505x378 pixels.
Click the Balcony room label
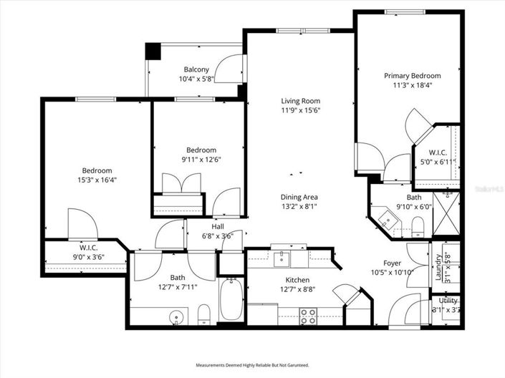pyautogui.click(x=196, y=69)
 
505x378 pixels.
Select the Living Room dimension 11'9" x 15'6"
pyautogui.click(x=300, y=110)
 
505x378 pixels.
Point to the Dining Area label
pyautogui.click(x=300, y=197)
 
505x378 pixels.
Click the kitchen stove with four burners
pyautogui.click(x=308, y=316)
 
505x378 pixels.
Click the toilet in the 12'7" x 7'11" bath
pyautogui.click(x=203, y=314)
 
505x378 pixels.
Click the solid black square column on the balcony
pyautogui.click(x=153, y=52)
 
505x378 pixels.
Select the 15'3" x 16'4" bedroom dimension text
pyautogui.click(x=97, y=180)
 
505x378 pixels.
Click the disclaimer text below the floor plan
pyautogui.click(x=251, y=365)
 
